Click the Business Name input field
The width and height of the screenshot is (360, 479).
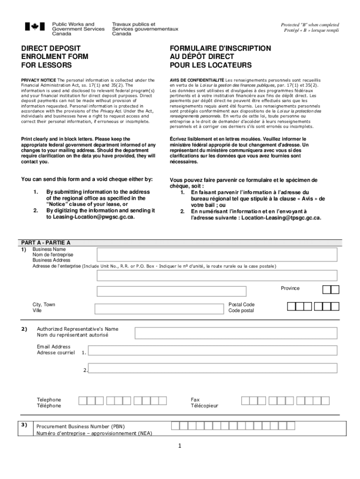(x=217, y=254)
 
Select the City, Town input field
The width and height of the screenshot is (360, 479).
(x=159, y=309)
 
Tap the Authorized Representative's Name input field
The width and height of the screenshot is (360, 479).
(x=236, y=333)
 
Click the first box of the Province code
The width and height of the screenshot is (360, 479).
(x=327, y=290)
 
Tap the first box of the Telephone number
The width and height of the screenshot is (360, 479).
(x=82, y=401)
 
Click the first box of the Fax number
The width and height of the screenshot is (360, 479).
(x=245, y=401)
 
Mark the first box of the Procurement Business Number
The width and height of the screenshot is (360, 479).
(x=174, y=425)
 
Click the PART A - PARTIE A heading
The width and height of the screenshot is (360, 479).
(x=46, y=243)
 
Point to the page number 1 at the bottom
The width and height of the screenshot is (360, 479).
(x=180, y=446)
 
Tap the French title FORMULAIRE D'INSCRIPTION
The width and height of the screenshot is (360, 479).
(x=220, y=48)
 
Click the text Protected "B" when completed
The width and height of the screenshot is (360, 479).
(x=310, y=25)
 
